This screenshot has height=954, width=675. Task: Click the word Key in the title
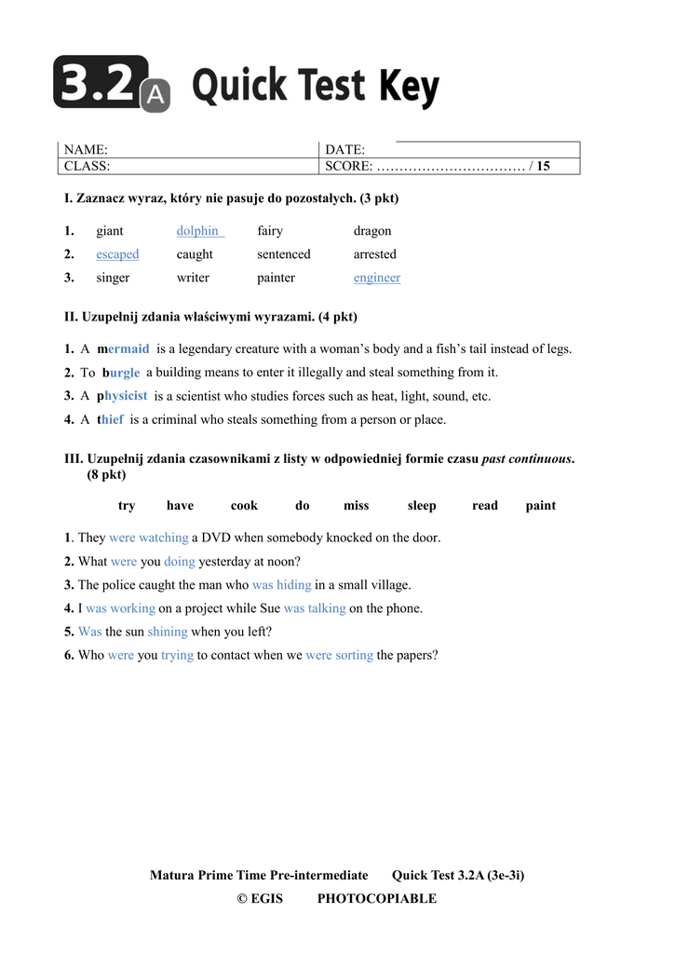coord(408,88)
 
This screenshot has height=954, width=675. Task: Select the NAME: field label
coord(86,150)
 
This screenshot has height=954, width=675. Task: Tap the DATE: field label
coord(344,150)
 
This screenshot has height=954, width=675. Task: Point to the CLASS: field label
coord(87,167)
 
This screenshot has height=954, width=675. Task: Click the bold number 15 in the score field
coord(543,167)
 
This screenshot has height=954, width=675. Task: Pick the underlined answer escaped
coord(117,254)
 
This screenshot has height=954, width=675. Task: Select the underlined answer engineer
coord(377,278)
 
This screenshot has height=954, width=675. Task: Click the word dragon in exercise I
coord(372,231)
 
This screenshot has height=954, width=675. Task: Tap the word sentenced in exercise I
coord(284,254)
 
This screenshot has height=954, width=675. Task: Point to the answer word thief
coord(111,420)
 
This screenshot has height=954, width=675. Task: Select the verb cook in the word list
coord(244,506)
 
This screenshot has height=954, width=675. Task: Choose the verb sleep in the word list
coord(422,506)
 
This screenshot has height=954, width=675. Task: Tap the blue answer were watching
coord(149,538)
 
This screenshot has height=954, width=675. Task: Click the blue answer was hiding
coord(281,585)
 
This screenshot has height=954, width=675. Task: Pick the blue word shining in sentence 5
coord(168,632)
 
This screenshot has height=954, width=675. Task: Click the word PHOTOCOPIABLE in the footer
coord(376,899)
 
